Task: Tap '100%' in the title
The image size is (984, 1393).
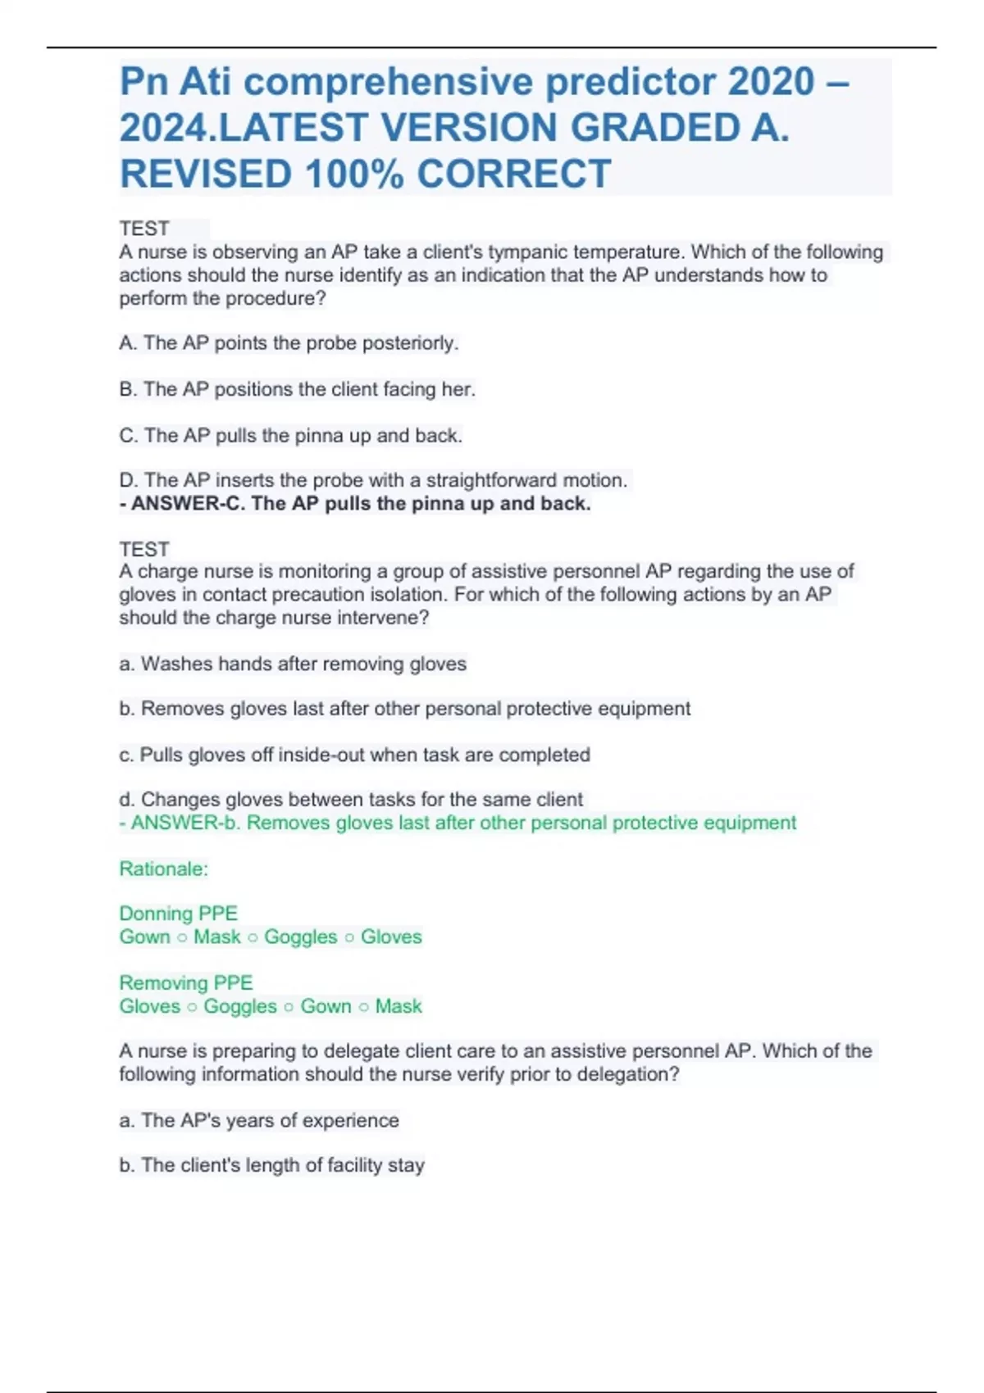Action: click(x=355, y=175)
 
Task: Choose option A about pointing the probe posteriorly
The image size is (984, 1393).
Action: click(x=289, y=343)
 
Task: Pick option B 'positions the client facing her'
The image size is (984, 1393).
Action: click(x=297, y=389)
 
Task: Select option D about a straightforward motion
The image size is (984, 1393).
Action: click(x=373, y=480)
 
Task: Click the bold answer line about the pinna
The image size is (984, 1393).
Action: click(x=355, y=503)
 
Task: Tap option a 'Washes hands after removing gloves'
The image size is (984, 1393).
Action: click(x=293, y=664)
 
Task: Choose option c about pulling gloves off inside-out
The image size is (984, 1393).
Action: click(x=354, y=755)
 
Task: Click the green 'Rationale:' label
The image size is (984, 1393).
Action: click(x=164, y=869)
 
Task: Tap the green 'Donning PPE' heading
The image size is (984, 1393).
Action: click(x=179, y=914)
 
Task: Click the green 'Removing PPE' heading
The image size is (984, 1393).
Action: click(x=186, y=982)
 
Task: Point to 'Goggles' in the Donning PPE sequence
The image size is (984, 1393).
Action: click(x=300, y=937)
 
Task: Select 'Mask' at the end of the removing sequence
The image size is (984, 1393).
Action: click(x=399, y=1006)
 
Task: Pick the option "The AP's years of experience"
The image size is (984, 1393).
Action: click(x=259, y=1120)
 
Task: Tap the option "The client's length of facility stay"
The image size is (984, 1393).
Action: click(x=271, y=1165)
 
